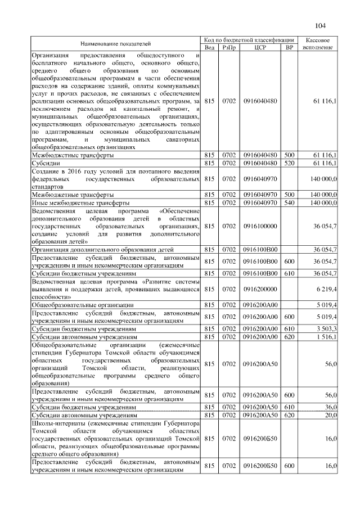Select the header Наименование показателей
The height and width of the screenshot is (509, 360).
tap(115, 43)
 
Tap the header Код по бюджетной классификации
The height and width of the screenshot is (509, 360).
tap(249, 40)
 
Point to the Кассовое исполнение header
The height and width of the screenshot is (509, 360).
tap(321, 43)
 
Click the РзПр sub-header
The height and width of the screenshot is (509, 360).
tap(229, 47)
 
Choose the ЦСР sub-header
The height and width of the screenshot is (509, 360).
tap(259, 47)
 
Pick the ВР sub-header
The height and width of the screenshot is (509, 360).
tap(290, 47)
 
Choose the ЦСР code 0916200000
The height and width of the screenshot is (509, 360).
tap(259, 289)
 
